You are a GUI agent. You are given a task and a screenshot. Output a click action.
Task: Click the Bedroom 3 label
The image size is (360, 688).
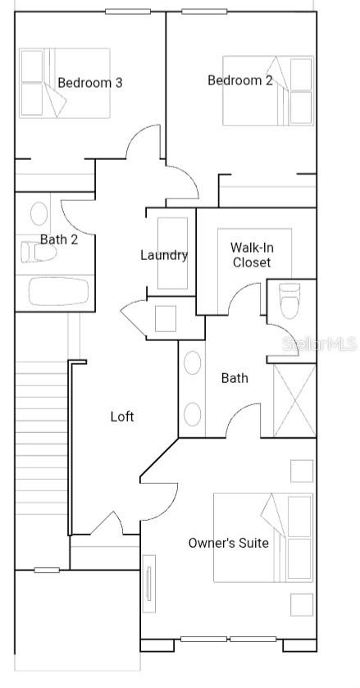coord(90,83)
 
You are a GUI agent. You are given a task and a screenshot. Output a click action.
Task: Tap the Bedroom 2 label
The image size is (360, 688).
coord(240,80)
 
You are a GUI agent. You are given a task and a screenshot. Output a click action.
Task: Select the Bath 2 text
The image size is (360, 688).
coord(59,239)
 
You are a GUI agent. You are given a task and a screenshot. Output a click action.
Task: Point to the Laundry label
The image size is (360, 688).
coord(164,255)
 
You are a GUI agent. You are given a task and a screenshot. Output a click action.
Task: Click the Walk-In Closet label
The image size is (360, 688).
coord(251,255)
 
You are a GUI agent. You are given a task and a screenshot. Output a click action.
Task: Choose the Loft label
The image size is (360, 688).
coord(122,417)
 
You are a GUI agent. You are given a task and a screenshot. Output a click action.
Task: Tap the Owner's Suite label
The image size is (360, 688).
coord(228,543)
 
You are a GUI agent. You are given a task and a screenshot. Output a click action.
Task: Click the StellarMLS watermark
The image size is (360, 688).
coord(321,344)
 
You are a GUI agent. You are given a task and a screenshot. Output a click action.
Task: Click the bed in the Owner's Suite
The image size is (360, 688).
coord(263,537)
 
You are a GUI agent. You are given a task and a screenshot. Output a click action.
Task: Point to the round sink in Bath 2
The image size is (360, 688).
coord(39,215)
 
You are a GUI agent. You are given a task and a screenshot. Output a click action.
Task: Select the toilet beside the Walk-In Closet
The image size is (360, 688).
coord(290,301)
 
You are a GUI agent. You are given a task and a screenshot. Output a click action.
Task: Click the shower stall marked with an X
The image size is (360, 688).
coord(294,400)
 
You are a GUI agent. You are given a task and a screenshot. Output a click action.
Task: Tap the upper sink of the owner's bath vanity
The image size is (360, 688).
coord(193,363)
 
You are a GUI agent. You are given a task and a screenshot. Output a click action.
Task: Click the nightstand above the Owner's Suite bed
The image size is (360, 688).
coord(302,472)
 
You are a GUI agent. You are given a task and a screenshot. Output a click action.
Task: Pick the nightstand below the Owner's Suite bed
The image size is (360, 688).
coord(302,604)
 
